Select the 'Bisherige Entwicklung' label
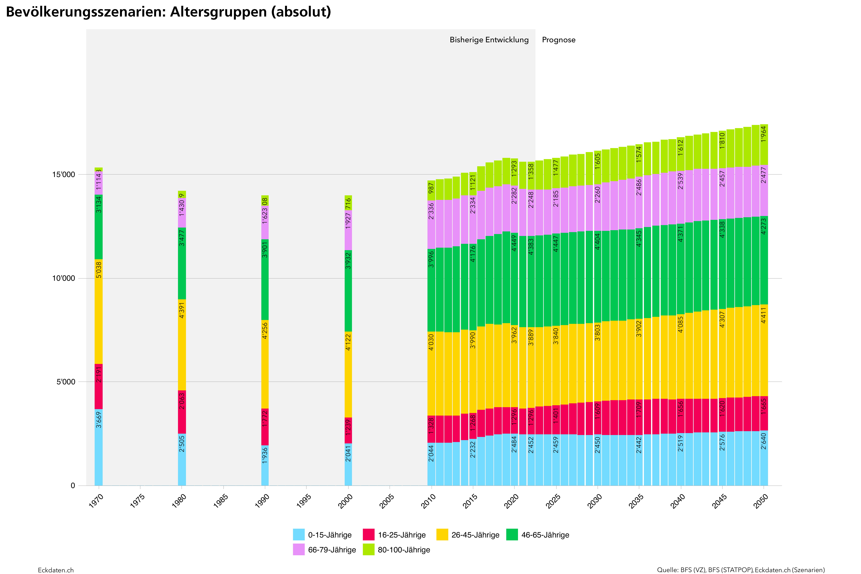point(489,40)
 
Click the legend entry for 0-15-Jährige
point(322,535)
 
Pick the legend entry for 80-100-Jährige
point(396,550)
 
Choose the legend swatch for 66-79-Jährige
point(299,550)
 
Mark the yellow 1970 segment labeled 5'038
point(98,311)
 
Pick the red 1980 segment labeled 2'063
point(182,412)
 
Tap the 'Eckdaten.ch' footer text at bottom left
point(56,570)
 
